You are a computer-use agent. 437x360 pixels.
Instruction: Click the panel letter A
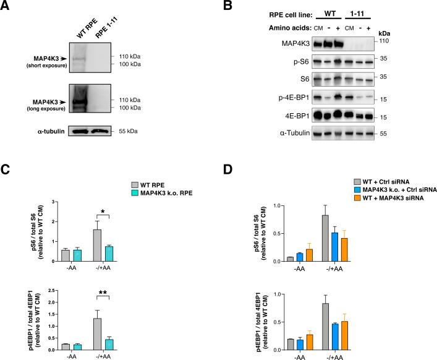point(7,7)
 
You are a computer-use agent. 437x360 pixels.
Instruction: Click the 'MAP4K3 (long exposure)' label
point(36,98)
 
